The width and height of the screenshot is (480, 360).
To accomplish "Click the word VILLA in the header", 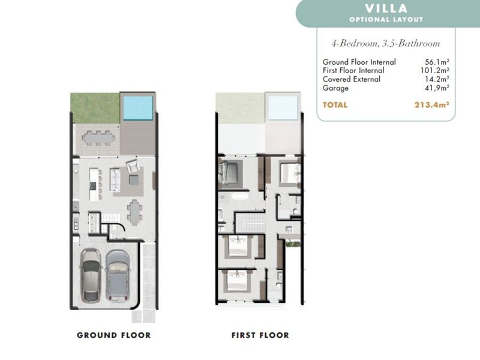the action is [386, 8].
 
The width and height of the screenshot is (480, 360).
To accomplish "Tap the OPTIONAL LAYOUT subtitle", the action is [386, 20].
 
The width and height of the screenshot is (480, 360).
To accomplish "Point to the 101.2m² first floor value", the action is [434, 70].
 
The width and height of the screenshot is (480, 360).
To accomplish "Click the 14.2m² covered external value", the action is [437, 79].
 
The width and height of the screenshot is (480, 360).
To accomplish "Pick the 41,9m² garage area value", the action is [436, 88].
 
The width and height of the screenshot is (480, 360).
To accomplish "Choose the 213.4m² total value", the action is [431, 104].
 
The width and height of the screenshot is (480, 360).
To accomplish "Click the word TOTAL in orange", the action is [335, 105].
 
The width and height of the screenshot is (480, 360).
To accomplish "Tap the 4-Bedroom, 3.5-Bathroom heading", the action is [386, 43].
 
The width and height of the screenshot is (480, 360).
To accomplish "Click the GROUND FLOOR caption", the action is [114, 335].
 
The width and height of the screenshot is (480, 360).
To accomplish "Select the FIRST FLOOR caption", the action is [260, 335].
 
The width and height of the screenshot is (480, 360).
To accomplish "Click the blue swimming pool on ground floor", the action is [138, 108].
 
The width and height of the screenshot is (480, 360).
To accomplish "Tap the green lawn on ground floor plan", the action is [95, 108].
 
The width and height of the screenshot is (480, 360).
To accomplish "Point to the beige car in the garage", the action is [91, 276].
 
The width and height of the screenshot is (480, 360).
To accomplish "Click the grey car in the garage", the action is [117, 276].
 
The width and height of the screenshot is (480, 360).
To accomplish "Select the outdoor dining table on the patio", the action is [98, 138].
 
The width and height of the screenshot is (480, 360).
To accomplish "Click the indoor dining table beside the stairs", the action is [134, 212].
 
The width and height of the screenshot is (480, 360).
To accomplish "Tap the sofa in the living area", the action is [115, 179].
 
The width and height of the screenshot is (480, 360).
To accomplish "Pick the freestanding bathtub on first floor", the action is [241, 197].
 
